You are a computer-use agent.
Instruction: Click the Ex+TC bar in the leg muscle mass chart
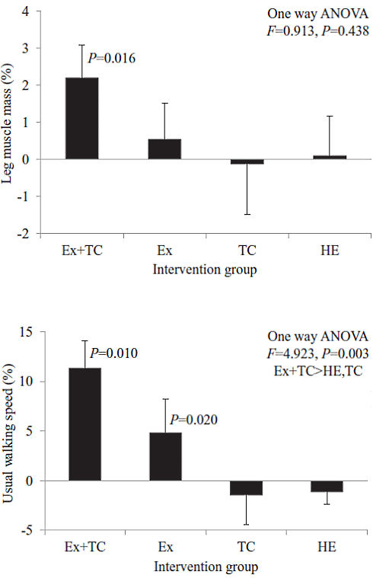point(81,118)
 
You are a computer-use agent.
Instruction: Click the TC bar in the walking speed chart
point(247,488)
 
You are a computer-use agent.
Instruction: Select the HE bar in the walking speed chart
point(327,487)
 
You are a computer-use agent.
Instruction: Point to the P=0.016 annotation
point(112,58)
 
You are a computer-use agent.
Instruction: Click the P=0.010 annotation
point(114,353)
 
